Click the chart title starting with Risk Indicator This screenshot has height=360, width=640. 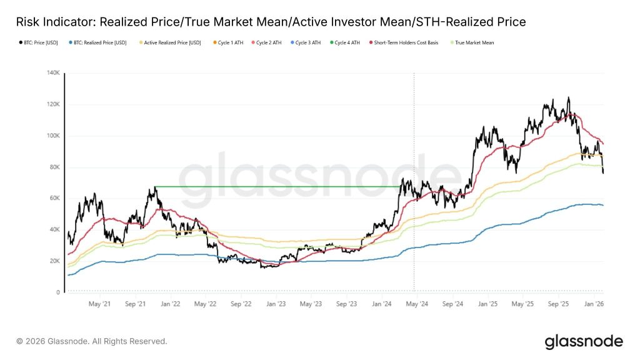(271, 22)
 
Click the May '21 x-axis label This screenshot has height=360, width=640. (100, 304)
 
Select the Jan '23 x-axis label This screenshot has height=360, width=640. (276, 304)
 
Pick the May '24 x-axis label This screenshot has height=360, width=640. (417, 304)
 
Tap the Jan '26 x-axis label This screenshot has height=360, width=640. (593, 304)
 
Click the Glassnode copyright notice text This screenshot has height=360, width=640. (92, 341)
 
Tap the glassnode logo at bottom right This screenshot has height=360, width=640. (583, 341)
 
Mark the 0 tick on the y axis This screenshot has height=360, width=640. (58, 292)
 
